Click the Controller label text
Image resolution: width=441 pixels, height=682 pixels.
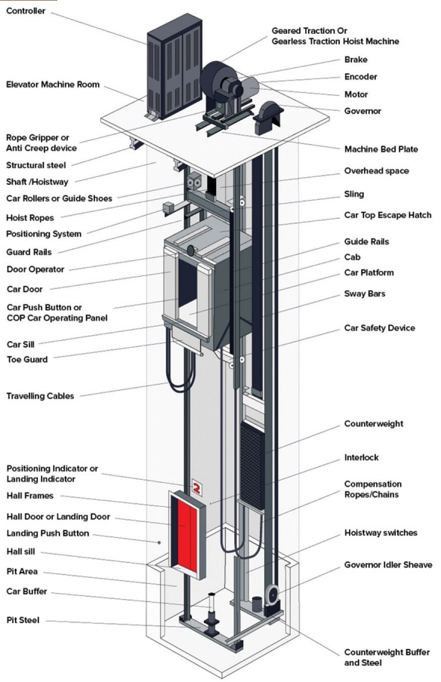26,11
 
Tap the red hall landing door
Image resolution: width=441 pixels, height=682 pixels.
187,534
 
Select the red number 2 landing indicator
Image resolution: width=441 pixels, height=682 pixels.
196,487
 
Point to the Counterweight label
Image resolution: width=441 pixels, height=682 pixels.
374,424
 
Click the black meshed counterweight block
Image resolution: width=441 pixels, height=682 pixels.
252,465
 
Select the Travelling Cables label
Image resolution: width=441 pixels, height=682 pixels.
40,396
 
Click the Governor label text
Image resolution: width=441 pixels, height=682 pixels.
362,111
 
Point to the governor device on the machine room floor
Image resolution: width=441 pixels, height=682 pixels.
268,117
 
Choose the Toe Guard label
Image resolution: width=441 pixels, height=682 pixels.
27,359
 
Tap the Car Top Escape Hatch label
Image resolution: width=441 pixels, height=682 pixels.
387,215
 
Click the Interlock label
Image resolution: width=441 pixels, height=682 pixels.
361,457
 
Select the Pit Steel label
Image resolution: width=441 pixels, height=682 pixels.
23,620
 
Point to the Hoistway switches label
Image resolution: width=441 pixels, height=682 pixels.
381,533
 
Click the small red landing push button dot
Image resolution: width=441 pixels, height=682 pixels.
159,542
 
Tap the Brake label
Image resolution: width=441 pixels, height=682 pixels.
356,60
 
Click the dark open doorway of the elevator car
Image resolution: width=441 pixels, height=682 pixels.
187,283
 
